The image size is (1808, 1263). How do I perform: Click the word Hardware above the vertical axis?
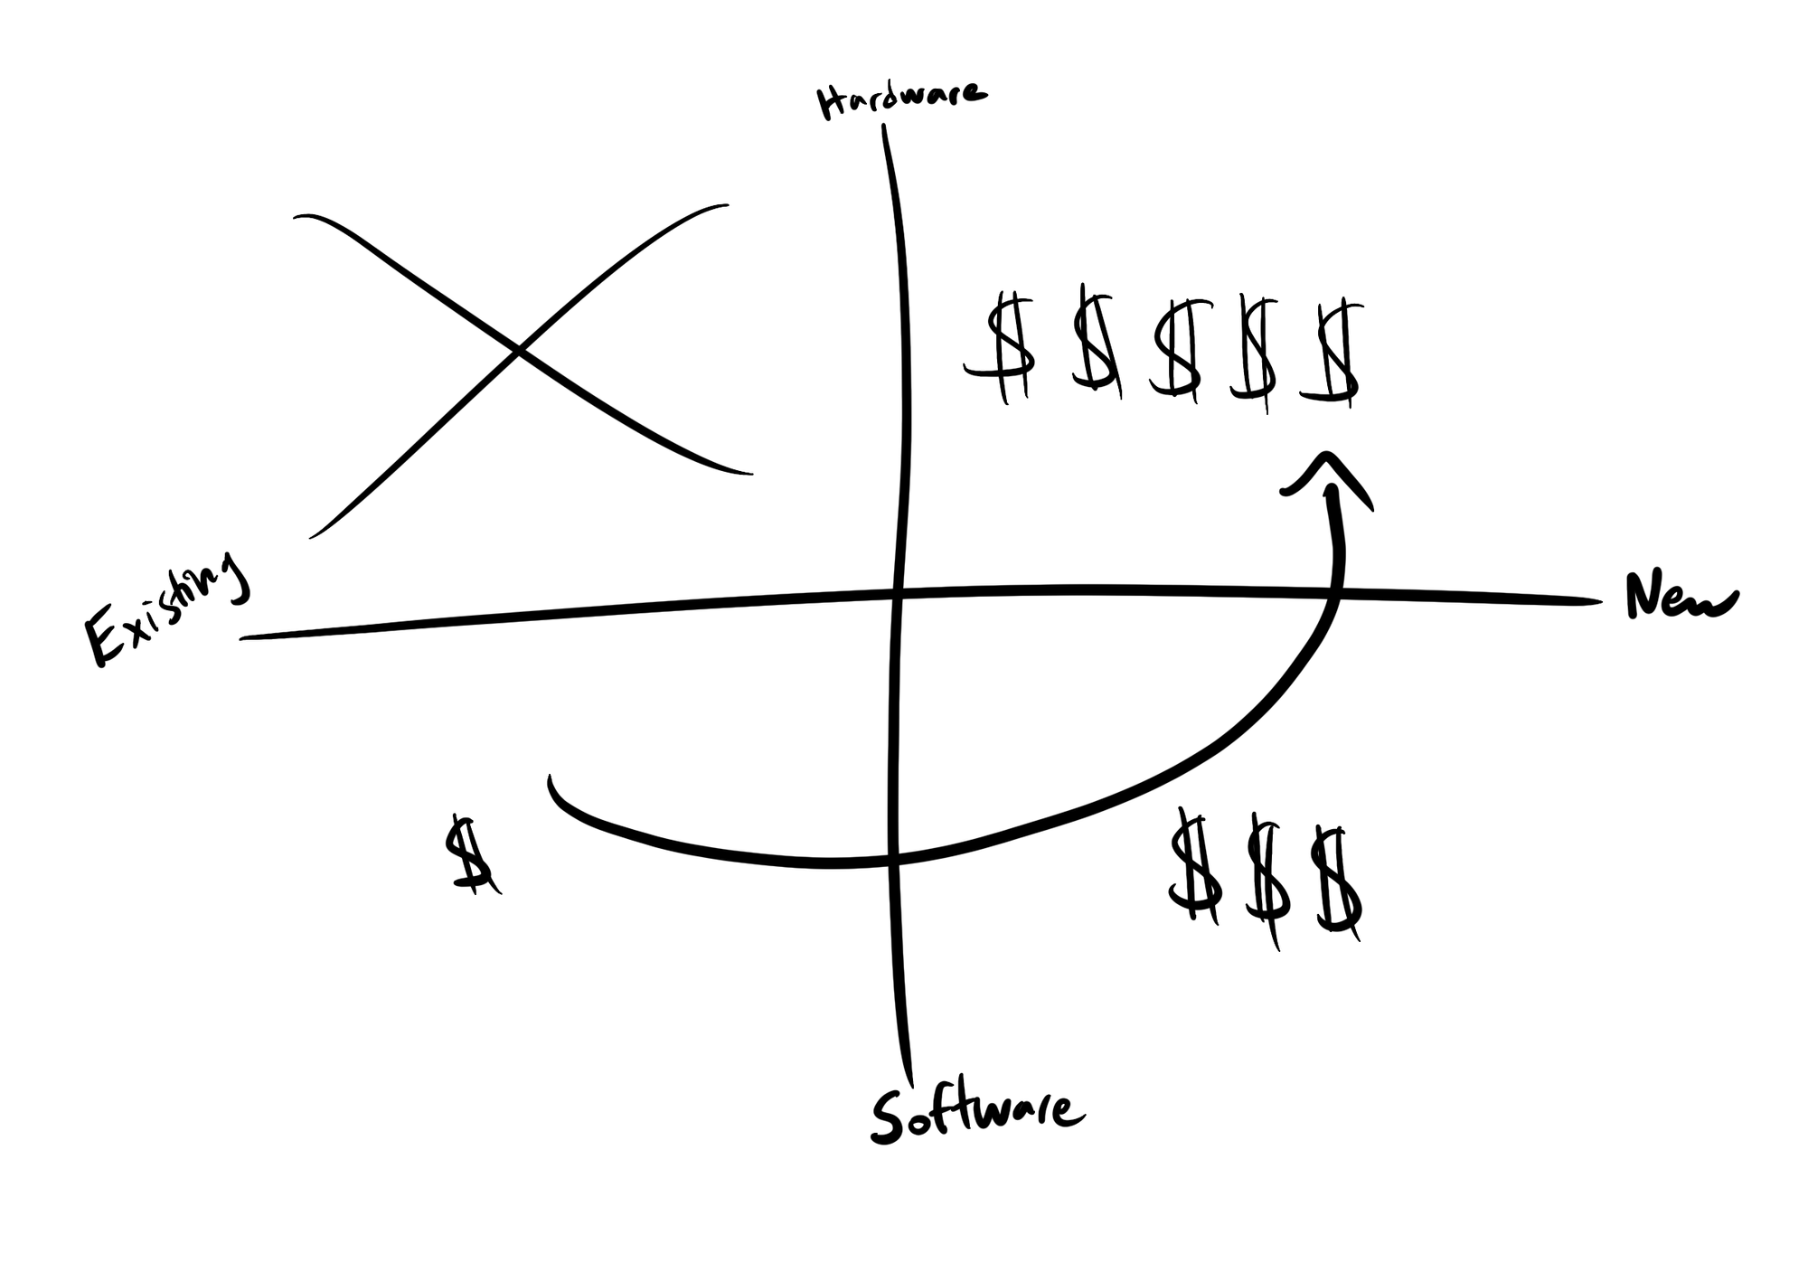[x=900, y=98]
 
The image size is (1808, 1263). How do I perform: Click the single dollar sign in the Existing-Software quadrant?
[x=470, y=854]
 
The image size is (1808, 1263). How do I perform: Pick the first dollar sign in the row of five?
[x=1005, y=348]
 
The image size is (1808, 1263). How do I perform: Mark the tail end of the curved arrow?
[x=551, y=779]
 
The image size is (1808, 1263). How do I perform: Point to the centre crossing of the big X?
[x=518, y=350]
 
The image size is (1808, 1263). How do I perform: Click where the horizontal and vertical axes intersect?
[x=896, y=594]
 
